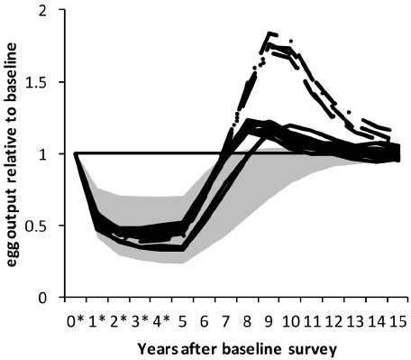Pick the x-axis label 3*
[x=140, y=318]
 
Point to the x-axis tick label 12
[x=334, y=318]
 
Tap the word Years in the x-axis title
[x=157, y=349]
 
